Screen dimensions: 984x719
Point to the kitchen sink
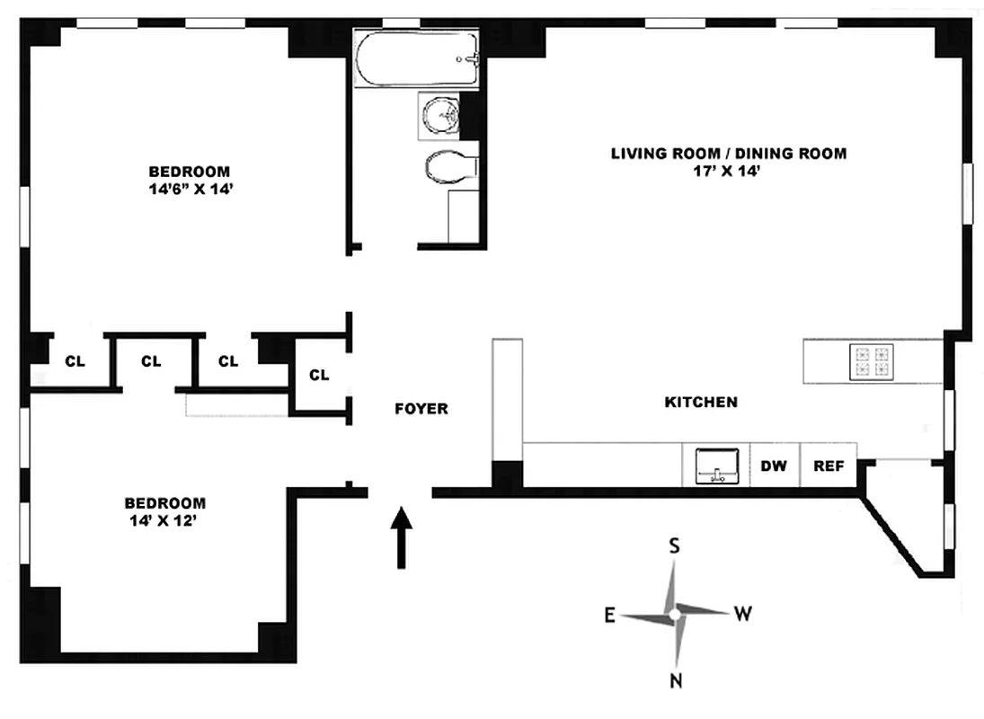pos(716,466)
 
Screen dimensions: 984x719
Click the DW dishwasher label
pos(774,466)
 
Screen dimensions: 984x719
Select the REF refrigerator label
pos(827,466)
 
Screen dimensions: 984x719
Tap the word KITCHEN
pos(701,403)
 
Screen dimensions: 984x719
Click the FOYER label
pos(421,409)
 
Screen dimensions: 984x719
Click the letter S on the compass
pos(675,546)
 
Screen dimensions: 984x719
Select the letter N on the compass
pos(675,680)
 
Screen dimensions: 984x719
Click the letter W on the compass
pos(743,615)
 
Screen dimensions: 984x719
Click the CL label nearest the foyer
pos(319,375)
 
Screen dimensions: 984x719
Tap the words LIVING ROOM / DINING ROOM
pos(728,154)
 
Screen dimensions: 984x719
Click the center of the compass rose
pos(674,614)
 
